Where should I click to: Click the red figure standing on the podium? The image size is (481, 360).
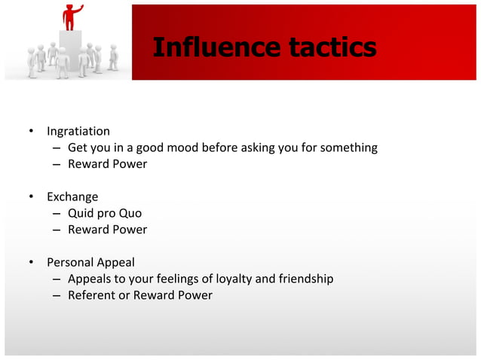[73, 17]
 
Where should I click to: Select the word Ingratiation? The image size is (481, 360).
[78, 131]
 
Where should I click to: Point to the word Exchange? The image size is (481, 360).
[72, 197]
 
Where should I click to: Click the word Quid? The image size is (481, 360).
[81, 213]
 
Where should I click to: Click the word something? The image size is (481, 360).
[349, 148]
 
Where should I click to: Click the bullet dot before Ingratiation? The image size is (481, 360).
[32, 132]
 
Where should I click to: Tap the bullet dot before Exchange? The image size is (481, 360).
[32, 197]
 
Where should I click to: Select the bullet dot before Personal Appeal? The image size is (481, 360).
[32, 263]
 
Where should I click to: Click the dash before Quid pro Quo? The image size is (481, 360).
[57, 214]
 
